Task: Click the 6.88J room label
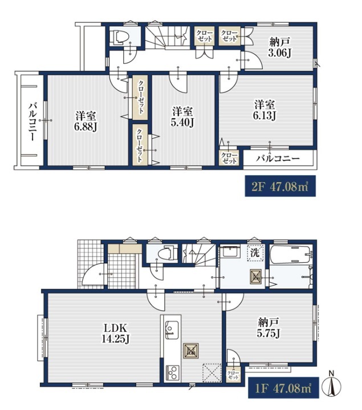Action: click(86, 121)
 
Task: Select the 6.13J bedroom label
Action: click(265, 110)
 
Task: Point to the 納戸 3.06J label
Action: click(279, 47)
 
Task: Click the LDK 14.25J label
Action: click(116, 333)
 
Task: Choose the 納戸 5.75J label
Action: click(269, 327)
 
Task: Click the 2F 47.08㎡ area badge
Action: click(280, 186)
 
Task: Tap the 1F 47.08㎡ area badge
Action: click(284, 388)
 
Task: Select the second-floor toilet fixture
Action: click(120, 37)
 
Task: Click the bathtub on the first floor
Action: click(291, 255)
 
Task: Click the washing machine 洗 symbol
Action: click(255, 253)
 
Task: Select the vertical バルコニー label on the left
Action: click(32, 122)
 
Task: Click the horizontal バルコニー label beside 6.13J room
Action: click(278, 158)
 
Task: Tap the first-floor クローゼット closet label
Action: click(233, 375)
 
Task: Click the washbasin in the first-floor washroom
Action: click(230, 252)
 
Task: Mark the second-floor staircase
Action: click(167, 37)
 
